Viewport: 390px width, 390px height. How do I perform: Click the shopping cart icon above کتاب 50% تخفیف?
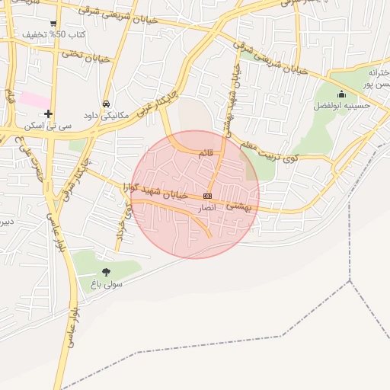53,24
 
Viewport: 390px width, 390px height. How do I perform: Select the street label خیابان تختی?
86,56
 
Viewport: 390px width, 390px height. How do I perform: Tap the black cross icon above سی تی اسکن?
49,114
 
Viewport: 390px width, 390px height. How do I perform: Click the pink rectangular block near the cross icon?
35,99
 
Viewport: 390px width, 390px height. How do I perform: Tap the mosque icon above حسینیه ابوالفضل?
340,94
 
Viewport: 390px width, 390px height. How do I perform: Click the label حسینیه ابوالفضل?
342,106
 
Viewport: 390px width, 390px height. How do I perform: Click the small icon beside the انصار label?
207,196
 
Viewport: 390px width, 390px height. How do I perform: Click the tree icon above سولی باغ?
106,272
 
